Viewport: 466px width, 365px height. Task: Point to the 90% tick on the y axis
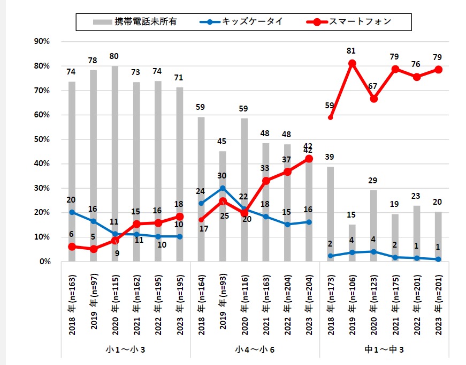[x=41, y=41]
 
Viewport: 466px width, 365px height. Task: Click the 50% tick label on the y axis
[x=41, y=139]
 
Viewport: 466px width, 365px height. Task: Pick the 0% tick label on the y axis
[x=43, y=262]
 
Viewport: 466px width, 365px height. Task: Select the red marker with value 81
[x=352, y=64]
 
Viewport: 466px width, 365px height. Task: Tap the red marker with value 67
[x=374, y=99]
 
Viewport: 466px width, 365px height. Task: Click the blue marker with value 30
[x=223, y=188]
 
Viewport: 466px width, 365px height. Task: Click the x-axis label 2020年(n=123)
[x=374, y=303]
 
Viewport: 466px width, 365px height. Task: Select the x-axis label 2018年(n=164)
[x=201, y=303]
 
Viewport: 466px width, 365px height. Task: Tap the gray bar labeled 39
[x=331, y=214]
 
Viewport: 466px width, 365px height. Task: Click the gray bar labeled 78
[x=94, y=166]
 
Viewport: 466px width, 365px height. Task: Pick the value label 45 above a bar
[x=223, y=141]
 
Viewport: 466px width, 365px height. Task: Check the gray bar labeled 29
[x=374, y=226]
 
